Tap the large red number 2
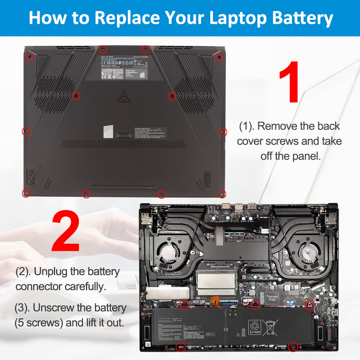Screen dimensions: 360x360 pos(66,231)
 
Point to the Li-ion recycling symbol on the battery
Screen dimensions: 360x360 pos(255,327)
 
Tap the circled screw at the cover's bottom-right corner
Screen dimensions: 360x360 pos(222,194)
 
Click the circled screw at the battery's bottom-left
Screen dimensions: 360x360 pos(180,347)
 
